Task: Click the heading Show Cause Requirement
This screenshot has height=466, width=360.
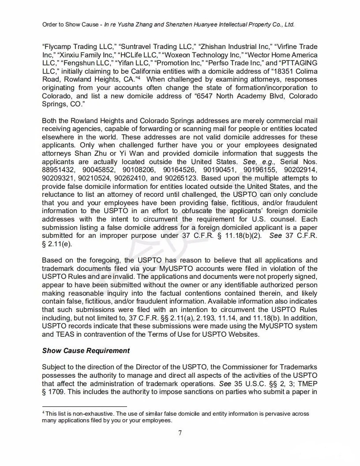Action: click(x=86, y=351)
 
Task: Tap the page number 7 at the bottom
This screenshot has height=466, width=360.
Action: click(x=180, y=433)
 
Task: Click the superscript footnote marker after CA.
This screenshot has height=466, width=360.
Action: click(x=138, y=78)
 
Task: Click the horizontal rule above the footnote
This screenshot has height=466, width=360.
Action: click(x=84, y=406)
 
